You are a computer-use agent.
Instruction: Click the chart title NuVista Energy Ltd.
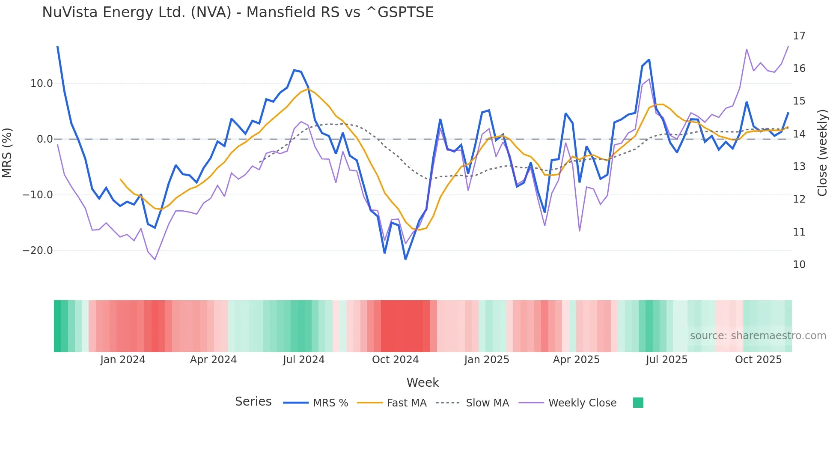[238, 12]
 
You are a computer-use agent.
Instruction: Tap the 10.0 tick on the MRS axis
[42, 84]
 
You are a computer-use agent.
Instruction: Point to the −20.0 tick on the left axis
[38, 251]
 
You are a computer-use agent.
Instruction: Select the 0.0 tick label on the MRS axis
[45, 139]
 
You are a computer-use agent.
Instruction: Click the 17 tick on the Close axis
[799, 36]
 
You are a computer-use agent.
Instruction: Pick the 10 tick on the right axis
[799, 265]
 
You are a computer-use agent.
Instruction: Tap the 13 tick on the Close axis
[799, 167]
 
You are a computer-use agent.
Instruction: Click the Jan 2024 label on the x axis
[123, 360]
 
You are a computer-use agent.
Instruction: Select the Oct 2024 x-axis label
[395, 360]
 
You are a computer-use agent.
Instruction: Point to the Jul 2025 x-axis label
[666, 360]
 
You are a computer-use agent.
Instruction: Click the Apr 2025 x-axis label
[576, 360]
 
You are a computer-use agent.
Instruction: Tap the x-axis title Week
[422, 382]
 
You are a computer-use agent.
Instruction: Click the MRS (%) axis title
[7, 152]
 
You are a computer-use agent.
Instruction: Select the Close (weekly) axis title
[822, 153]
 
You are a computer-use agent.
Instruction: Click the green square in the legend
[638, 403]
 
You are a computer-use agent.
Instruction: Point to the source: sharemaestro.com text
[758, 336]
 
